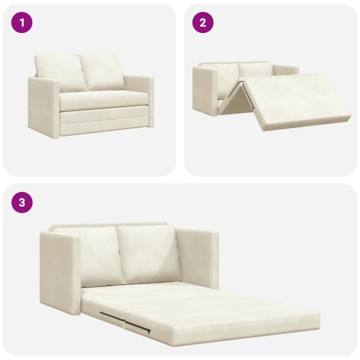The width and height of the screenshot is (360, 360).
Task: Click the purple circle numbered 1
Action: pos(22,23)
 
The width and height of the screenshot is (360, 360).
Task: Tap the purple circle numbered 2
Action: pos(203,23)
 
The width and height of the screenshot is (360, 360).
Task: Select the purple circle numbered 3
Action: pos(22,203)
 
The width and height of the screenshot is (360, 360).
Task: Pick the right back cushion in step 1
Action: pos(103,71)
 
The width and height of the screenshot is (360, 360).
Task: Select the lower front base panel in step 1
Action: pos(104,122)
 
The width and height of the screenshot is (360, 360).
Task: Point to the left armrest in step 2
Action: pos(205,91)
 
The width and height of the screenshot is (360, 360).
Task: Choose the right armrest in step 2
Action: pos(286,70)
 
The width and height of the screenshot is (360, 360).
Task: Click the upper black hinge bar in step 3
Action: pos(113,316)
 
